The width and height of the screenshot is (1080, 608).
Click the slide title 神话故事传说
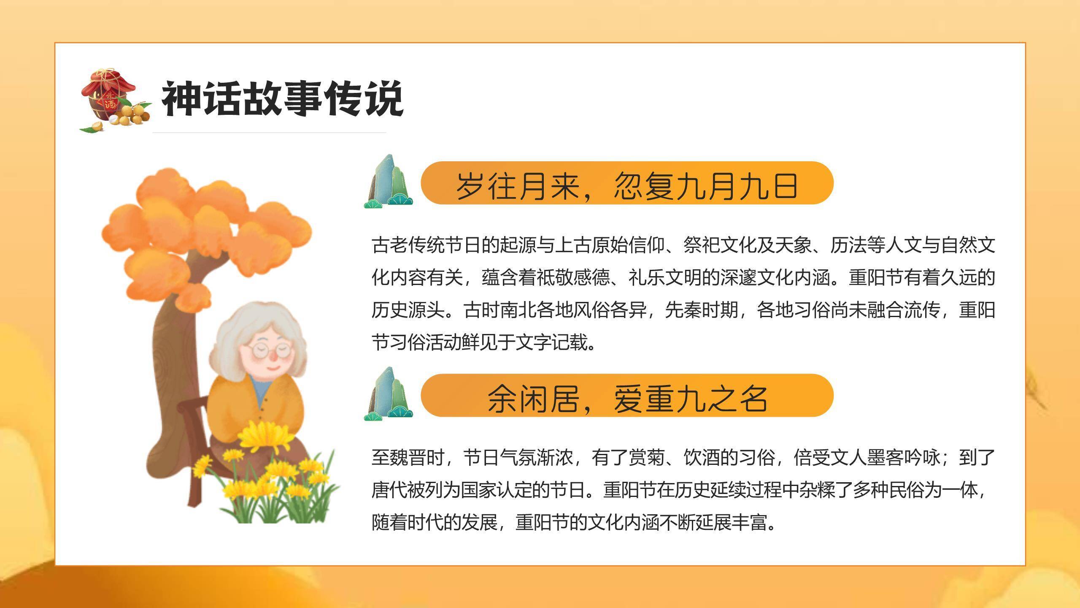tap(282, 99)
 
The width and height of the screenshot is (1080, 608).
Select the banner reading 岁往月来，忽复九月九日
tap(627, 184)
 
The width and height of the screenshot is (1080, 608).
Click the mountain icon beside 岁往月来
tap(388, 182)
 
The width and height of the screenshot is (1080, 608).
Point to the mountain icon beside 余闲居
tap(388, 395)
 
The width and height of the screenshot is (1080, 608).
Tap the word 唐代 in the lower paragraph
tap(389, 490)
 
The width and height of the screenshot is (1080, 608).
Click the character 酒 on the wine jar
tap(111, 104)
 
